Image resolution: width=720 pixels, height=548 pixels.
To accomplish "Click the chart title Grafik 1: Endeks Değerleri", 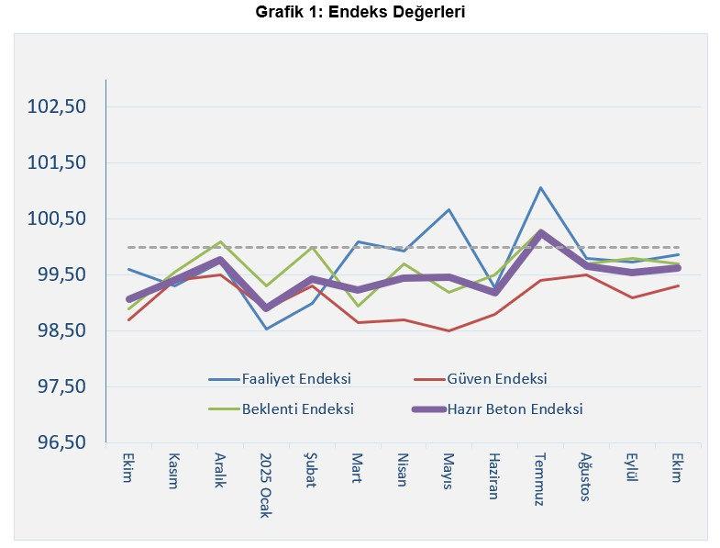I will [x=360, y=13].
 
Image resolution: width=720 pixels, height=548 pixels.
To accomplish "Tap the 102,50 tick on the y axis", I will [x=57, y=106].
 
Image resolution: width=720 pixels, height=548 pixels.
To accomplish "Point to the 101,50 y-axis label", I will [x=57, y=162].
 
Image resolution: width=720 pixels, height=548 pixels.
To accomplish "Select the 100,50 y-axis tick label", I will [x=57, y=218].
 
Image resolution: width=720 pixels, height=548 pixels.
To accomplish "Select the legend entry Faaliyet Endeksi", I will [x=295, y=378].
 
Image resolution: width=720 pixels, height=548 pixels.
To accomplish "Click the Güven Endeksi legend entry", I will [x=496, y=378].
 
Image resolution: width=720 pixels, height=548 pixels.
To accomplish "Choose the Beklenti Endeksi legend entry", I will [x=297, y=408].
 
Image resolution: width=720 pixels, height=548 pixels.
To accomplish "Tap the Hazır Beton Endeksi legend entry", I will [x=515, y=408].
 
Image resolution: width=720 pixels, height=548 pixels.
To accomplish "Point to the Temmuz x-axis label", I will [x=540, y=477].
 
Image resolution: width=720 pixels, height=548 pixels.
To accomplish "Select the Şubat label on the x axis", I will [x=311, y=470].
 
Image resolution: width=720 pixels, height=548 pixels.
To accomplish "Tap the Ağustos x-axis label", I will [x=586, y=476].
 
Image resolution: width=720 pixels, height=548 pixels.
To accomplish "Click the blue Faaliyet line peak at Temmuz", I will [x=541, y=188].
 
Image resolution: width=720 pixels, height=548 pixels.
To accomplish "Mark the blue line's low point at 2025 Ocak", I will [x=266, y=329].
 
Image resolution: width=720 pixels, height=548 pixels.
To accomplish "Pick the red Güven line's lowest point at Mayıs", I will [x=449, y=330].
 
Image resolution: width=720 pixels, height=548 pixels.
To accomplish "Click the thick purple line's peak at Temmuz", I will [x=541, y=233].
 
